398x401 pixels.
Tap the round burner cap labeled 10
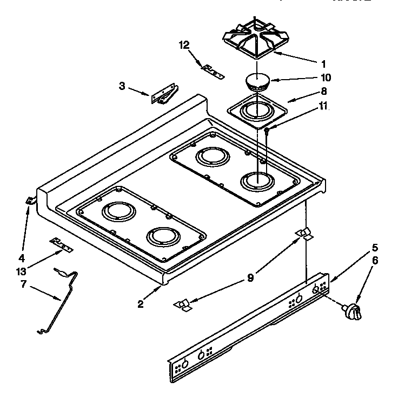[x=258, y=81]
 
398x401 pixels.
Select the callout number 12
[x=184, y=45]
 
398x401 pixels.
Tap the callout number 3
[x=122, y=85]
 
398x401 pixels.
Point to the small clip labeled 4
[x=30, y=201]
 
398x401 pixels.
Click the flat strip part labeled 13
[x=61, y=244]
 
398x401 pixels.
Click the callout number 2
[x=140, y=304]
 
